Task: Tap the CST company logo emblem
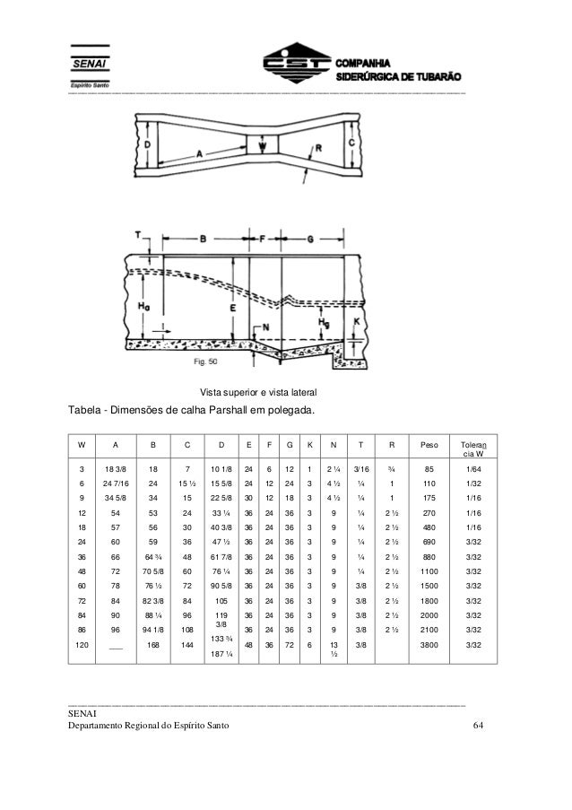(x=296, y=65)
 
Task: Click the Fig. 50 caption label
(x=206, y=362)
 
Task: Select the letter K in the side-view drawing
(x=356, y=320)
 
